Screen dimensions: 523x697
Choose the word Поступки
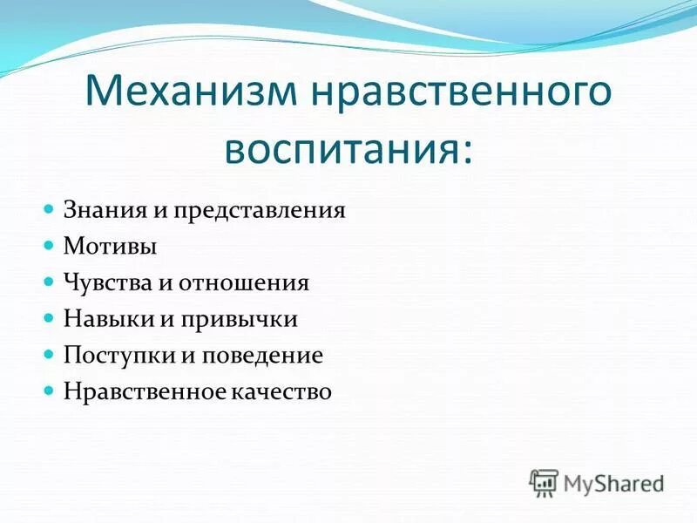(x=112, y=356)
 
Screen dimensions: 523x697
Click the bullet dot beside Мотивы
(x=50, y=247)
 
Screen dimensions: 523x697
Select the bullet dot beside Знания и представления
(x=50, y=210)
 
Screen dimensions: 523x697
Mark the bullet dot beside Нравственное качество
(x=50, y=392)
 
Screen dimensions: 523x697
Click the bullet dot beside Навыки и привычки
(x=50, y=319)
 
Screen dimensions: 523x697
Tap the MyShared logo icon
(x=544, y=481)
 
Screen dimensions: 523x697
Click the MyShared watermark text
(x=613, y=482)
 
